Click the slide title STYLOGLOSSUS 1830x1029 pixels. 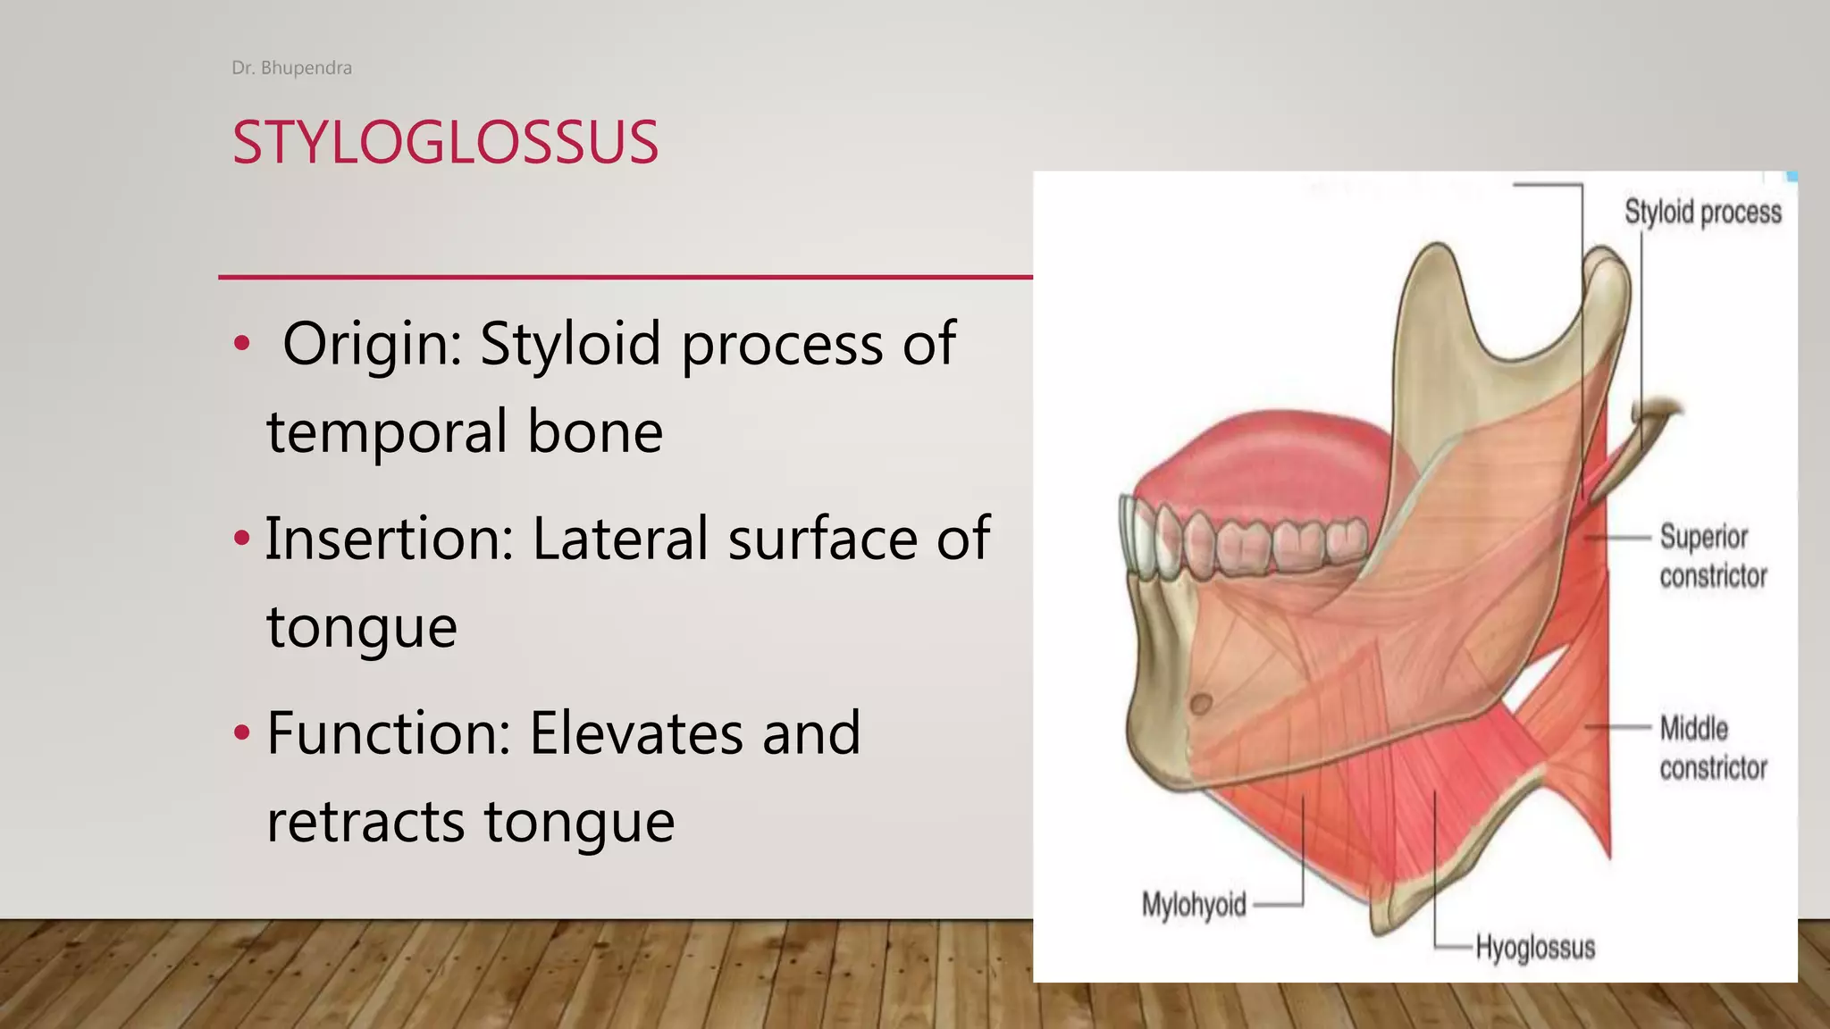click(x=445, y=143)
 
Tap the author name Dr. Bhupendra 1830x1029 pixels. click(x=291, y=68)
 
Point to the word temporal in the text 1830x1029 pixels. click(x=388, y=432)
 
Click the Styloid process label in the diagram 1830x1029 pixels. click(x=1702, y=213)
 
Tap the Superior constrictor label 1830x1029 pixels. click(x=1712, y=556)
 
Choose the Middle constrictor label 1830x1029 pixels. click(x=1712, y=748)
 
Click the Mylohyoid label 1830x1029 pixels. click(x=1194, y=905)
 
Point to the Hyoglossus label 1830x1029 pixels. click(x=1534, y=947)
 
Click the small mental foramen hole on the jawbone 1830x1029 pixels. click(x=1201, y=704)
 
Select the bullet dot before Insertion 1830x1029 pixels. click(x=241, y=538)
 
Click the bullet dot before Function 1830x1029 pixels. click(x=241, y=732)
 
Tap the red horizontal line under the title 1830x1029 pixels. click(x=625, y=277)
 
